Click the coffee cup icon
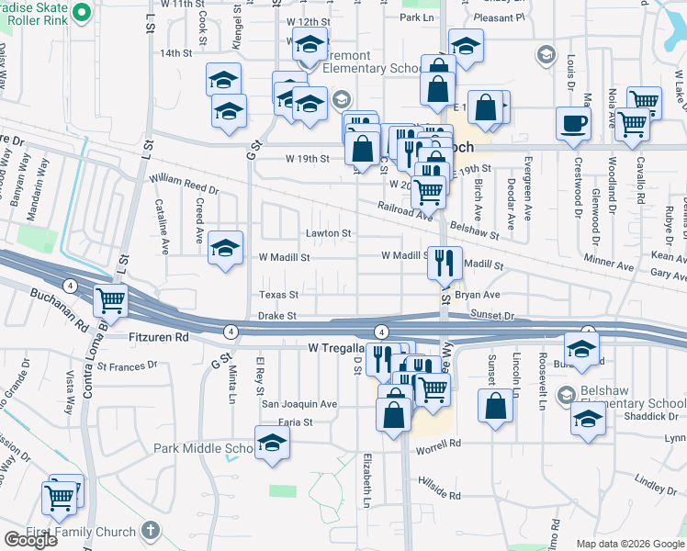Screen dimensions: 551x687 [573, 124]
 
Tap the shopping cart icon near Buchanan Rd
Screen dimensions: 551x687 [111, 299]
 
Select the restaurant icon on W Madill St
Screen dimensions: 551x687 [444, 264]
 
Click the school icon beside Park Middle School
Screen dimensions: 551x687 [272, 445]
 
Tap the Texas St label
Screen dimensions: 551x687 [278, 295]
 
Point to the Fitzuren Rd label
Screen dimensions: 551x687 [157, 338]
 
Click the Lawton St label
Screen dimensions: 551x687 [329, 234]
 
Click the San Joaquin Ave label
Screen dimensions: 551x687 [299, 404]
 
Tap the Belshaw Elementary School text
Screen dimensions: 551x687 [627, 403]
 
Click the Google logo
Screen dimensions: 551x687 [30, 540]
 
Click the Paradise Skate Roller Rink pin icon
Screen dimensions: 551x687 [80, 13]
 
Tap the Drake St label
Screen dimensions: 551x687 [276, 316]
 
